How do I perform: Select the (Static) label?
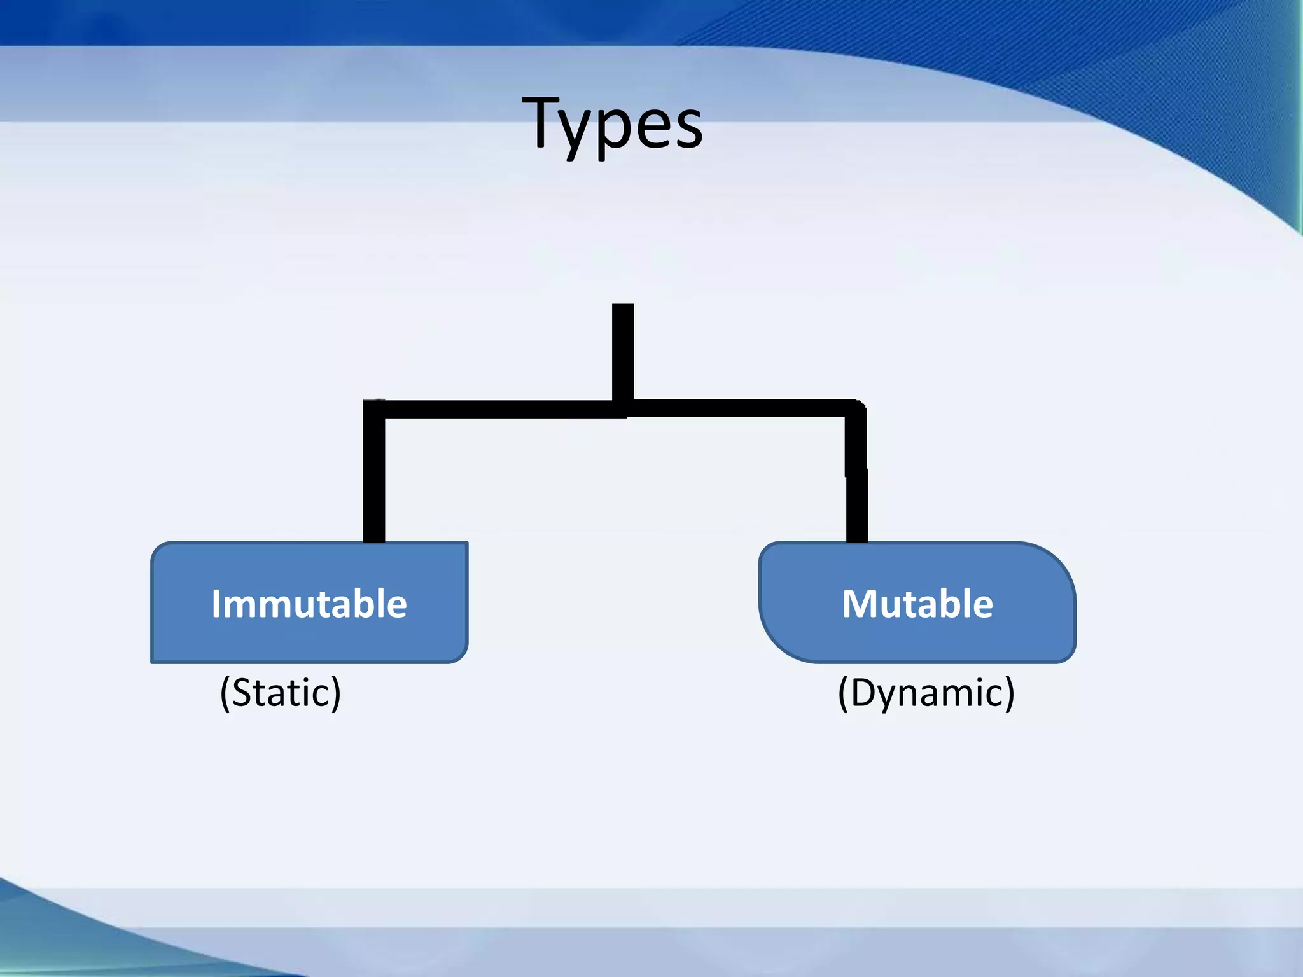click(281, 692)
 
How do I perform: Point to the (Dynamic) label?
click(926, 692)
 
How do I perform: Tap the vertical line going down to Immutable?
click(374, 483)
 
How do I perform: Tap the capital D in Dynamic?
click(865, 692)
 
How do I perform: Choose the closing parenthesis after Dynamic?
click(1008, 693)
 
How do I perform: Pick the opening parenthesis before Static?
click(225, 693)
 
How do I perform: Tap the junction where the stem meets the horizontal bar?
click(623, 408)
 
